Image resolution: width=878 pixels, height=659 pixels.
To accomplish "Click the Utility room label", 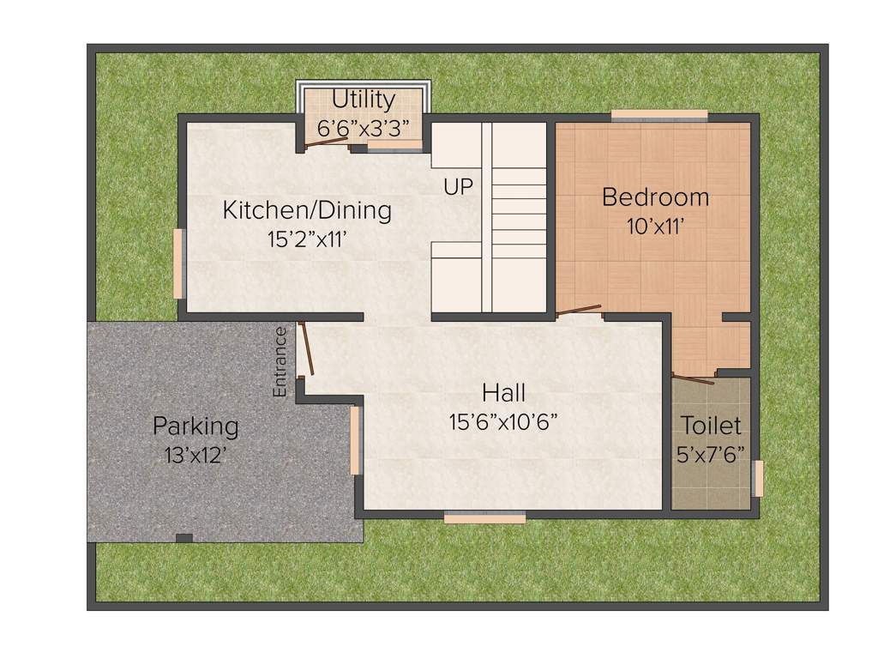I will pos(364,100).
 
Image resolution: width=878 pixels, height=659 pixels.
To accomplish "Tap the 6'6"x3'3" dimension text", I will pos(364,127).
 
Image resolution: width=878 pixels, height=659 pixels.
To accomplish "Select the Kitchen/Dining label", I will pos(307,209).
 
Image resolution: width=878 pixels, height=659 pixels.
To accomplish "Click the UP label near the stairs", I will pos(458,186).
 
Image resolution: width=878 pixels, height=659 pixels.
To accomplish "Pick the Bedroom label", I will pos(655,197).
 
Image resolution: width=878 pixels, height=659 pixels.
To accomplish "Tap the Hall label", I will pos(503,393).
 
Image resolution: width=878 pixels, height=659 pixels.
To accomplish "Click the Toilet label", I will pos(711,425).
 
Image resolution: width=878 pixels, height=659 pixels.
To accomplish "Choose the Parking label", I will pos(195,426).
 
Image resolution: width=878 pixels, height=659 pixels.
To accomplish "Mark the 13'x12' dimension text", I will pos(195,454).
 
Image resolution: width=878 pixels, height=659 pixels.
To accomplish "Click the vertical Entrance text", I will pos(280,361).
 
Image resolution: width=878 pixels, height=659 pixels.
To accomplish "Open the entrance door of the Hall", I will pos(305,349).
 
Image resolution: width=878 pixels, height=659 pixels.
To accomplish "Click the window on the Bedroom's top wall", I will pos(658,115).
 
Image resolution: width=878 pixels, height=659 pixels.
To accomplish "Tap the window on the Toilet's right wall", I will pos(757,479).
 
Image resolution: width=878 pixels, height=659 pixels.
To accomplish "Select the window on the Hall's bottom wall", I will pos(484,517).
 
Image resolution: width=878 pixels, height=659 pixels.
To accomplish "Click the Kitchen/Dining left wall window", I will pos(178,263).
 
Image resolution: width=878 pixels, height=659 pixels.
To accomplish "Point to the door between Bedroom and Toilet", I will pos(693,376).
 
